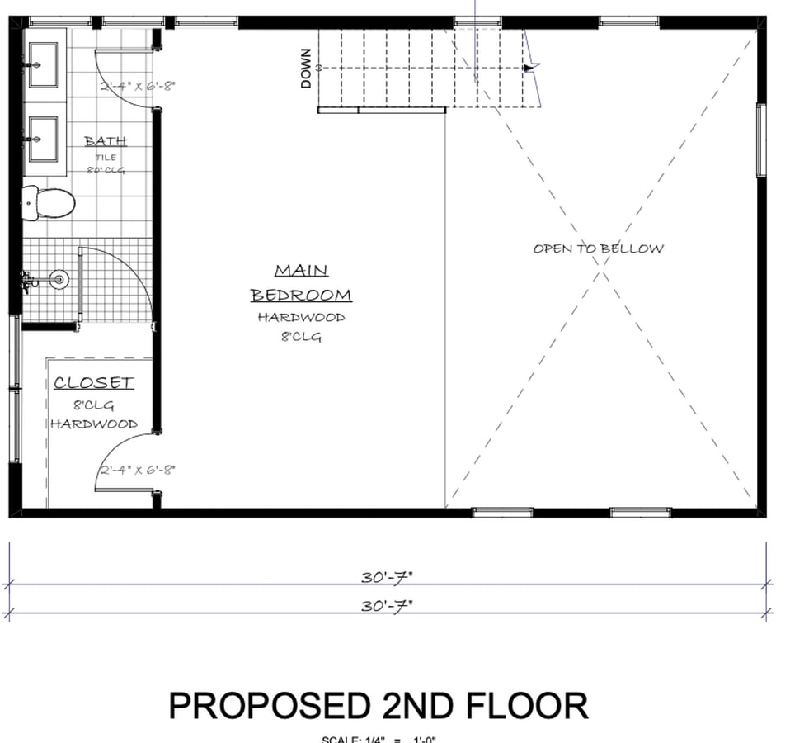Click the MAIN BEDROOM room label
pos(301,282)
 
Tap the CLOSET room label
pos(93,383)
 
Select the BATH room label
pos(106,141)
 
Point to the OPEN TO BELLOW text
pos(598,248)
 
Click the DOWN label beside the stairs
pos(307,69)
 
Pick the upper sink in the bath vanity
pos(40,64)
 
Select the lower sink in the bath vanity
pos(40,139)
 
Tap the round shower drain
pos(59,280)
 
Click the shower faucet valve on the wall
pos(29,282)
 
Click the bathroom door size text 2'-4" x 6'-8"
pos(138,85)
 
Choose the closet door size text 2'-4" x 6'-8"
pos(138,471)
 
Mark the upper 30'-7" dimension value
pos(386,576)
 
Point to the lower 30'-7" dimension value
pos(386,605)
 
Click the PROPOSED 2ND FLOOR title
pos(379,707)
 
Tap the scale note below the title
pos(379,738)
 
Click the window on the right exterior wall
pos(760,140)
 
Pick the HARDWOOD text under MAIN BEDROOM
pos(301,317)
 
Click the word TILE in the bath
pos(106,157)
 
